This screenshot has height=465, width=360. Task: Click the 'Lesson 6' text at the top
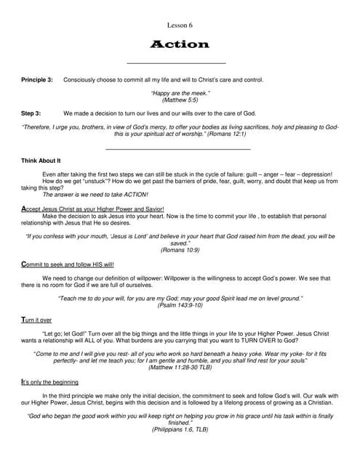point(180,25)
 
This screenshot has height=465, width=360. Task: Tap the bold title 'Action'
point(180,44)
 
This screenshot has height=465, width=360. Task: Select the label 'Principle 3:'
point(37,79)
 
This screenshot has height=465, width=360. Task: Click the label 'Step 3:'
point(31,113)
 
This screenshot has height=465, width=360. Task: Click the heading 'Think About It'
point(41,160)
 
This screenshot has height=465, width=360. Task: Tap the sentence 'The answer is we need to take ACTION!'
point(95,194)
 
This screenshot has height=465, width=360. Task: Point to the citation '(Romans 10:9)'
point(180,249)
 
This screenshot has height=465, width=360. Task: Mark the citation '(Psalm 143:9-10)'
point(180,305)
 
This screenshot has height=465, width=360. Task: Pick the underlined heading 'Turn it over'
point(37,320)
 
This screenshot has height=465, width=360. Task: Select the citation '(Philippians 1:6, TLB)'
point(180,429)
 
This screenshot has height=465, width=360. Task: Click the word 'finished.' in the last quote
point(180,423)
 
